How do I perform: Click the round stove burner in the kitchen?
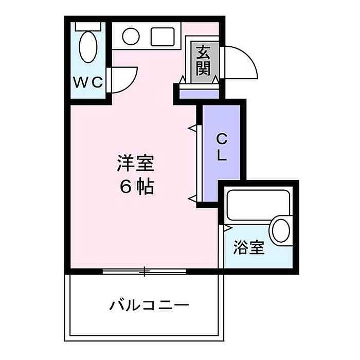point(131,36)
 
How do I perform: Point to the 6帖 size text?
point(137,187)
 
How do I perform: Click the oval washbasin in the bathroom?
point(281,231)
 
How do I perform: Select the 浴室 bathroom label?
point(249,248)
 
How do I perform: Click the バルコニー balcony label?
point(150,305)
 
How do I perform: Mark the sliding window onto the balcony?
point(145,271)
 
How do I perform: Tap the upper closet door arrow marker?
point(192,127)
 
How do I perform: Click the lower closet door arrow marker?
point(192,197)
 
